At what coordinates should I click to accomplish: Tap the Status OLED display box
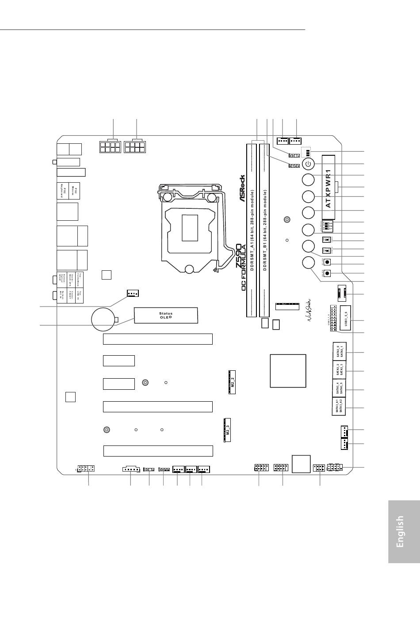[x=166, y=316]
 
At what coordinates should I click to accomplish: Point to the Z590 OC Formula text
[x=241, y=267]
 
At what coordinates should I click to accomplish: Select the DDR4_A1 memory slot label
[x=252, y=230]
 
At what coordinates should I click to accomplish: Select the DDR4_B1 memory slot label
[x=265, y=230]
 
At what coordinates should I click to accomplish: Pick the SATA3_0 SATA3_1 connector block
[x=339, y=351]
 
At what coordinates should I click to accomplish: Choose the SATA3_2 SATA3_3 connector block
[x=339, y=370]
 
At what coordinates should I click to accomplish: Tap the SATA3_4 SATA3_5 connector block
[x=339, y=388]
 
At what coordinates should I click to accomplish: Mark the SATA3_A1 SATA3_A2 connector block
[x=339, y=406]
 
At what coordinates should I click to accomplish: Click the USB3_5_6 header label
[x=346, y=318]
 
